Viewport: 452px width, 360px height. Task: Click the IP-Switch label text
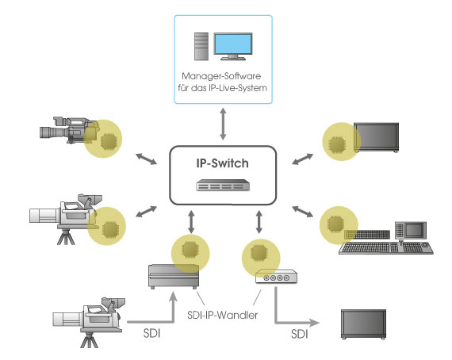pos(222,163)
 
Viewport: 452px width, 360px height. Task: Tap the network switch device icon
pos(223,185)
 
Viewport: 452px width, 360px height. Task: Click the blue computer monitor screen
pos(233,44)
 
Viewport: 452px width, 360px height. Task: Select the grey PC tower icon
pos(201,47)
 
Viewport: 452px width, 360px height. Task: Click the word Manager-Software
pos(221,76)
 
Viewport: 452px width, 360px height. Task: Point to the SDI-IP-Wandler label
pos(222,315)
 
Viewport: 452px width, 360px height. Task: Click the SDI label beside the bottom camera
pos(151,333)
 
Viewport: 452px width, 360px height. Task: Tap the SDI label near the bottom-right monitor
pos(300,334)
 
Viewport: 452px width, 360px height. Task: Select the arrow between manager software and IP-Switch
pos(223,124)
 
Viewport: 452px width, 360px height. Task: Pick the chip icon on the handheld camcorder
pos(109,141)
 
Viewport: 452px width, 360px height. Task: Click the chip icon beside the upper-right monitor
pos(337,144)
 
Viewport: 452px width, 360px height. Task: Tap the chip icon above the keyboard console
pos(335,224)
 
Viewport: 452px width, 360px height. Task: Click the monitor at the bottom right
pos(363,324)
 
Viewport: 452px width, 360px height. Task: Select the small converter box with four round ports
pos(276,277)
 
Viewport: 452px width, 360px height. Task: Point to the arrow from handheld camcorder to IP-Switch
pos(147,159)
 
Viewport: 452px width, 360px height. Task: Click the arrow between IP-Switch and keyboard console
pos(302,211)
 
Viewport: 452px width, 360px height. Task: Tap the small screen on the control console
pos(414,230)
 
